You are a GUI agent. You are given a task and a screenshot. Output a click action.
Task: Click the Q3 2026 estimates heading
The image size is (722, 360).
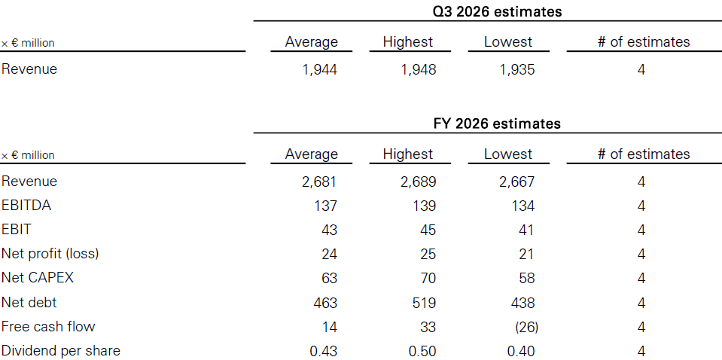pos(498,11)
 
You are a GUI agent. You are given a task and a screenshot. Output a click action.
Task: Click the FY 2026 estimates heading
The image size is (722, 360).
pos(498,124)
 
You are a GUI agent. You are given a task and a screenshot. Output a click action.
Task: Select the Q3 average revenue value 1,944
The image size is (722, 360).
pos(319,69)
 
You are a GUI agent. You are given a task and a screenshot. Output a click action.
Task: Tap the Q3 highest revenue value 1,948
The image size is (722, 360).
pos(418,69)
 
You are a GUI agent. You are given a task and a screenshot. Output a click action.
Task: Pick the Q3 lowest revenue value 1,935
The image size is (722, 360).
pos(517,69)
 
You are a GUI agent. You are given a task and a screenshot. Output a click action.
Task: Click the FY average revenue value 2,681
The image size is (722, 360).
pos(319,182)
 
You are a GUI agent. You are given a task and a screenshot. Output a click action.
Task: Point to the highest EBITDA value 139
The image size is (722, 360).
pos(423,206)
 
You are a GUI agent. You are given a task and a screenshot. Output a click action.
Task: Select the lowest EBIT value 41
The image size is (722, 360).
pos(526,230)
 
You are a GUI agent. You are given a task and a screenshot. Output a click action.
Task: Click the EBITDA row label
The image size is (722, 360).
pos(26,206)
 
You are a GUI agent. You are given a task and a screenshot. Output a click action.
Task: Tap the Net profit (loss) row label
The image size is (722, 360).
pos(50,254)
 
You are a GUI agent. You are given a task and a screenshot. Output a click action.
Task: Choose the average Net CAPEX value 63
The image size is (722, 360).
pos(329,278)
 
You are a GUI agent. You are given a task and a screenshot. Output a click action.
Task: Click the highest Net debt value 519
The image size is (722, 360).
pos(423,303)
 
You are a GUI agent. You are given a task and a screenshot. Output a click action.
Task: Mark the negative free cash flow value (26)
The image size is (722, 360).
pos(526,327)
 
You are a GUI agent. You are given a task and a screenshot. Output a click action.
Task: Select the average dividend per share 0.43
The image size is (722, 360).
pos(323,351)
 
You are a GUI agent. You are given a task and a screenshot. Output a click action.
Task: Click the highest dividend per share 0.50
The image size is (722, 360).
pos(422,351)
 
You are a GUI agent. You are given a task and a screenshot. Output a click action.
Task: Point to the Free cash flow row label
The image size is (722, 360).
pos(48,326)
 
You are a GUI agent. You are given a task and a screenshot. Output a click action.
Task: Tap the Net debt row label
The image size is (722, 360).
pos(29,303)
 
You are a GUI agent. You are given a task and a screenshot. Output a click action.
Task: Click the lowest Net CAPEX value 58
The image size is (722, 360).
pos(526,278)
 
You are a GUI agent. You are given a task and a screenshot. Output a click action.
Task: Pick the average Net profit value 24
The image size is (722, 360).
pos(329,254)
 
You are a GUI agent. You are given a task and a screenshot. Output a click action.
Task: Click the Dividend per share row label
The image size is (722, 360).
pos(61,351)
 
